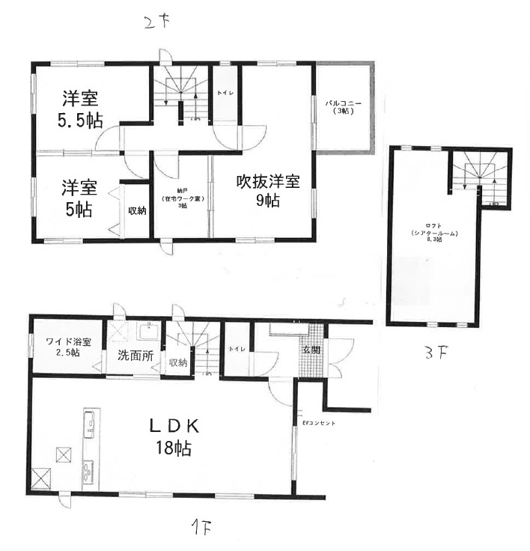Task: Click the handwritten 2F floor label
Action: [x=159, y=22]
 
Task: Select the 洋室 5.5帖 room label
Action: [x=82, y=109]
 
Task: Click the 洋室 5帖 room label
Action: [x=78, y=196]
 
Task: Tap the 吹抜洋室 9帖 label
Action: [x=269, y=190]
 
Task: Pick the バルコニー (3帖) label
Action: [x=344, y=106]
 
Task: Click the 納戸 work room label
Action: [x=182, y=199]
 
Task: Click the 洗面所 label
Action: [x=135, y=356]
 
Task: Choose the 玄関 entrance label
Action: [x=311, y=350]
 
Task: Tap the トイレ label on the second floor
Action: [x=224, y=94]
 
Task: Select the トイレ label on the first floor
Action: [x=236, y=350]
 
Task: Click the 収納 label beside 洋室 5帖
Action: [x=135, y=210]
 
